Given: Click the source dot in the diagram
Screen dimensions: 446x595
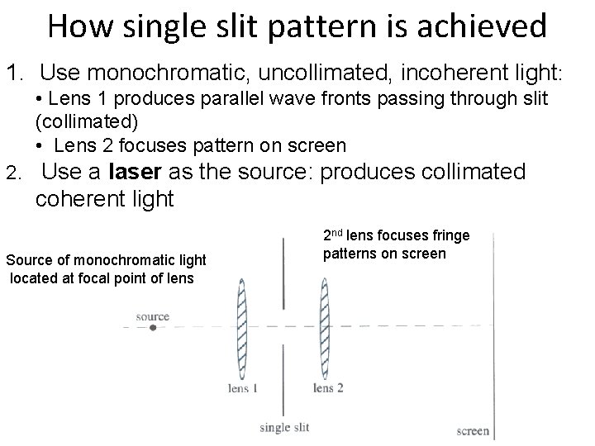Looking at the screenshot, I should tap(153, 328).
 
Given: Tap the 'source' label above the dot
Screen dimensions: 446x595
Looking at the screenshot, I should tap(153, 316).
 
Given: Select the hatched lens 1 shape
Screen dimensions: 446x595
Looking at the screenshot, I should tap(241, 328).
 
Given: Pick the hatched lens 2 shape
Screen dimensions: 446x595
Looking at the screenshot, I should tap(323, 328).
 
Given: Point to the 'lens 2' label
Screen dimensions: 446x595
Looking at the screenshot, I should tap(329, 388).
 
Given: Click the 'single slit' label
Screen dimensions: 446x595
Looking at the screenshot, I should tap(286, 427).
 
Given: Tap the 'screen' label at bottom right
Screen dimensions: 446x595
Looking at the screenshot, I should tap(474, 430).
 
